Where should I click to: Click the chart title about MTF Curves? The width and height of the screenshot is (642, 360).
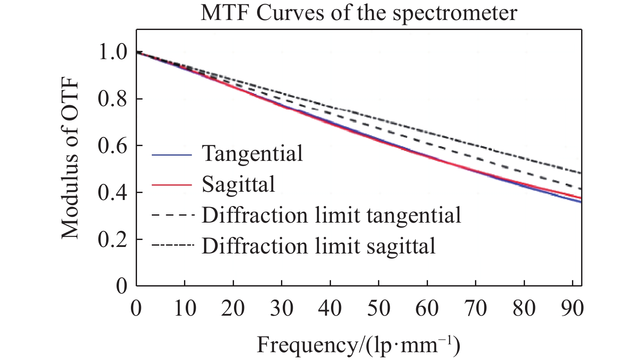point(358,13)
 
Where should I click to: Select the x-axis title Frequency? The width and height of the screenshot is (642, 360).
point(358,346)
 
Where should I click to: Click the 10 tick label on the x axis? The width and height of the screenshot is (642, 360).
point(185,308)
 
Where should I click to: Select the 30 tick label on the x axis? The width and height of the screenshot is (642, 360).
point(282,308)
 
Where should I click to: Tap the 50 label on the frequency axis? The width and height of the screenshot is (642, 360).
point(379,308)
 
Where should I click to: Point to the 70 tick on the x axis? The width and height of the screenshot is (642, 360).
point(476,308)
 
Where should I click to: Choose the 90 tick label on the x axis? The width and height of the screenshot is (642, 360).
point(572,308)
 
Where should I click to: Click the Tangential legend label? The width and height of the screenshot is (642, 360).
point(252,153)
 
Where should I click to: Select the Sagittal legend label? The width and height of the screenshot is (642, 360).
point(238,184)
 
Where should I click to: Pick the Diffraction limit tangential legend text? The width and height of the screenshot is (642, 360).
point(331,215)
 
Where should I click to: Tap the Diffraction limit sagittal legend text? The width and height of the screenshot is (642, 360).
point(318,246)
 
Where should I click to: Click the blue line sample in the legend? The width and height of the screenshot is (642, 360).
point(172,154)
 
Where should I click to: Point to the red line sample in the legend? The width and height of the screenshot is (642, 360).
point(172,185)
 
